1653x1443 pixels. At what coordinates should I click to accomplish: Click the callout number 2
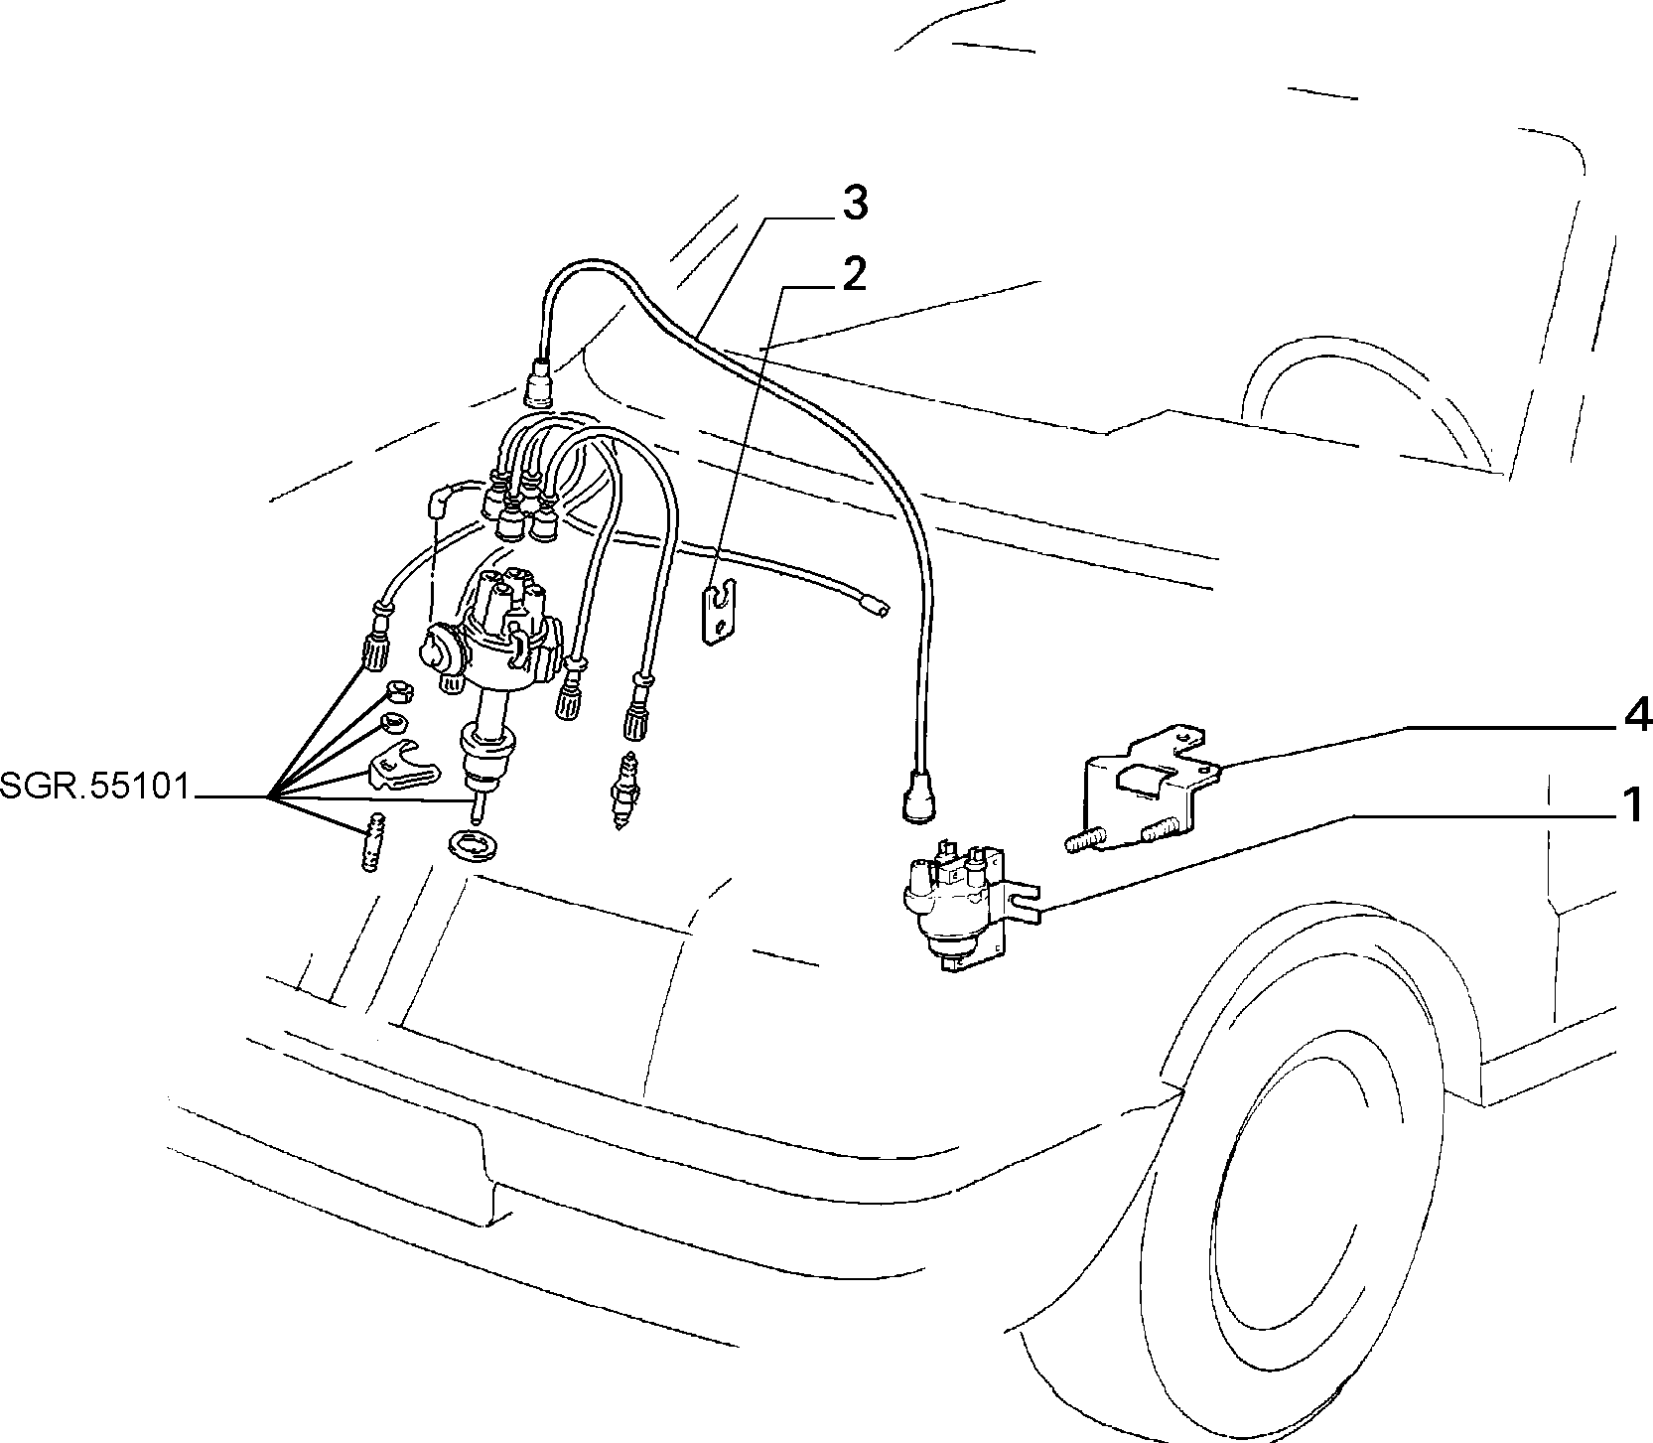coord(852,273)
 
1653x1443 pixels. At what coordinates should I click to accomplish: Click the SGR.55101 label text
coord(94,787)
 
